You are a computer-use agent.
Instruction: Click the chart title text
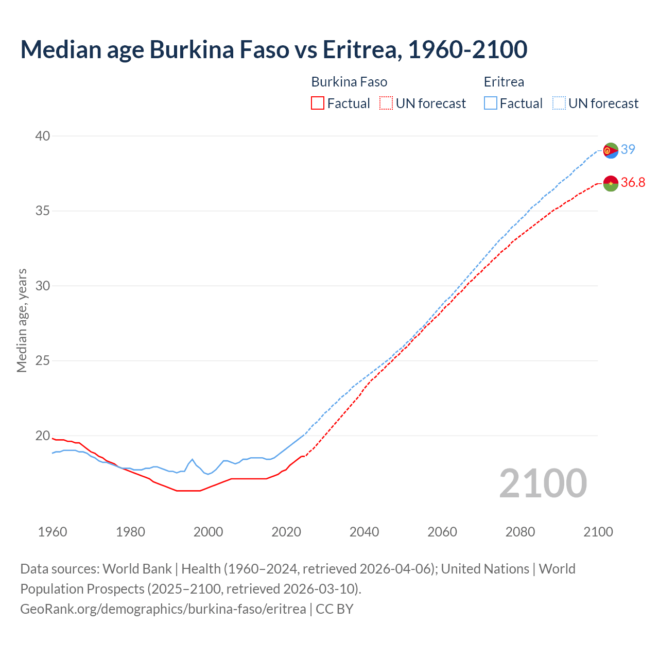[x=273, y=49]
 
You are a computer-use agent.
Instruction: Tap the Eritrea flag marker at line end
[x=611, y=150]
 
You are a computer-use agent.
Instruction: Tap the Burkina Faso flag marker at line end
[x=611, y=183]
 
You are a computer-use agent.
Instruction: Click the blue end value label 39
[x=628, y=149]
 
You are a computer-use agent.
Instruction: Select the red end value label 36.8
[x=633, y=182]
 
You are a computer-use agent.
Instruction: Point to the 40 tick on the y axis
[x=43, y=136]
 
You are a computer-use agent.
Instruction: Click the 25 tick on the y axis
[x=43, y=360]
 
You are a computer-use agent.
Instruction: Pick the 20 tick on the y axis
[x=43, y=436]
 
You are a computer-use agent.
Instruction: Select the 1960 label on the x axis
[x=53, y=532]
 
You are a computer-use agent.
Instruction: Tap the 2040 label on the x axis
[x=364, y=532]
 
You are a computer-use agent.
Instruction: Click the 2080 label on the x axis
[x=520, y=532]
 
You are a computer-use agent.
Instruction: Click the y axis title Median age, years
[x=22, y=320]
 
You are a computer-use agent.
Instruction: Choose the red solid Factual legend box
[x=318, y=103]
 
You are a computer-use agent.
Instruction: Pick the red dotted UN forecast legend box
[x=386, y=103]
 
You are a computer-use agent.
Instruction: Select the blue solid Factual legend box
[x=491, y=103]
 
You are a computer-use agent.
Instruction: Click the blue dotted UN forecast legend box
[x=559, y=103]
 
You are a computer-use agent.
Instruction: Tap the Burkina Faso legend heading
[x=349, y=82]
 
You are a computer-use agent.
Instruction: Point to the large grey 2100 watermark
[x=543, y=483]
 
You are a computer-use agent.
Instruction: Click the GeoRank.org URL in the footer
[x=163, y=609]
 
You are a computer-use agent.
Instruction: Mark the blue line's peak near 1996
[x=192, y=459]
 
